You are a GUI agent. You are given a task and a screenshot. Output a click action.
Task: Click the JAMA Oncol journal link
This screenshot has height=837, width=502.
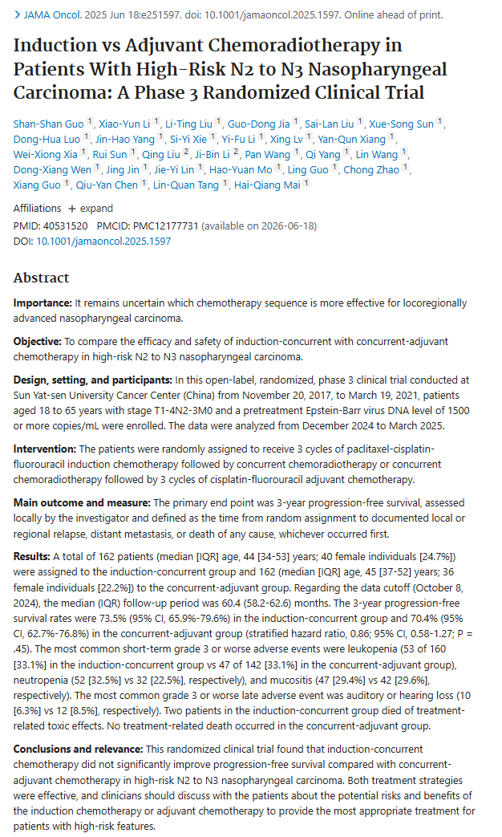(47, 15)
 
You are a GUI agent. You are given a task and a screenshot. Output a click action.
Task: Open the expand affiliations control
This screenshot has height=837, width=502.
(90, 209)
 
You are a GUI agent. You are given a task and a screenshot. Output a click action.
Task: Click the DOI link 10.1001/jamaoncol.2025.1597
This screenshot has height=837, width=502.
(93, 241)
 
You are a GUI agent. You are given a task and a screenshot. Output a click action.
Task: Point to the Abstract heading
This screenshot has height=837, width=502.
(42, 278)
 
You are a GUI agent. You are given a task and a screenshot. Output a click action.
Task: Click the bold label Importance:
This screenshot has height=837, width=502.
(42, 304)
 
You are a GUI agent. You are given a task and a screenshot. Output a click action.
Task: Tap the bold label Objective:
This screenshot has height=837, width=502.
(38, 341)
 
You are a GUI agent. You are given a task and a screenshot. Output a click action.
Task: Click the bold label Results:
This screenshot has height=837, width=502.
(32, 556)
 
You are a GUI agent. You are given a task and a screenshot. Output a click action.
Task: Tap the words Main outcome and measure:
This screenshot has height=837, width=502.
(74, 502)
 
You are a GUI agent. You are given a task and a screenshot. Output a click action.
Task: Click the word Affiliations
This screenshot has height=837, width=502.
(37, 209)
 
